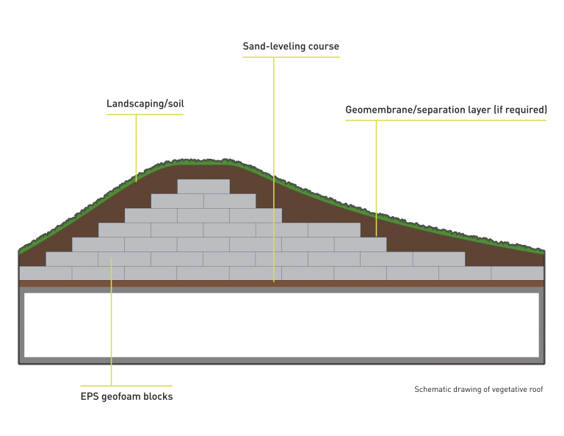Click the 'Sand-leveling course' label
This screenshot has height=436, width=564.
291,46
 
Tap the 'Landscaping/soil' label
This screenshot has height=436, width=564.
145,104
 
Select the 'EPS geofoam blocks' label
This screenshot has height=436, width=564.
126,396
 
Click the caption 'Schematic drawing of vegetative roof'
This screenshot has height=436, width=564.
478,389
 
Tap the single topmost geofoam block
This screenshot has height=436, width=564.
203,187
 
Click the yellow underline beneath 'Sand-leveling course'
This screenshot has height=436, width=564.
291,57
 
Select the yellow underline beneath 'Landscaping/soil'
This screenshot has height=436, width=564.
145,115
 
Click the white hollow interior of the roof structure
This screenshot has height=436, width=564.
282,325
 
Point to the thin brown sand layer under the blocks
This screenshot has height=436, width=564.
282,284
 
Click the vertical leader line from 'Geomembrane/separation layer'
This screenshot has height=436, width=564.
376,179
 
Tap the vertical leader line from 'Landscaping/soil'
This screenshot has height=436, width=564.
136,148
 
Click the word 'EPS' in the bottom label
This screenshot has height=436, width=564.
89,396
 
